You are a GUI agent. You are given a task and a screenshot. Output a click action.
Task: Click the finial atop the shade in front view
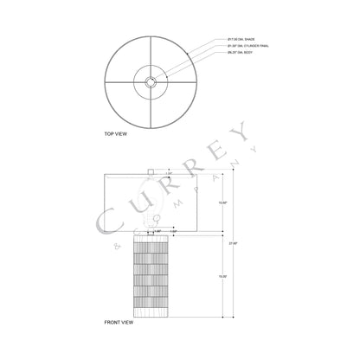click(151, 170)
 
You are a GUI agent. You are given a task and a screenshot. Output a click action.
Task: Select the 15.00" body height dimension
click(223, 276)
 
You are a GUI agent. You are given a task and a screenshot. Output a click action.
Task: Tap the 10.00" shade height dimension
click(223, 203)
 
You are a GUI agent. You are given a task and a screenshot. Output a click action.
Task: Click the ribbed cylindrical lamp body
click(151, 277)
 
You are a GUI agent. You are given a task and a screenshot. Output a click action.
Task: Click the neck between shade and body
click(151, 236)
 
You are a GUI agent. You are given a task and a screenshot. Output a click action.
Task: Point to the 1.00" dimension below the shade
click(174, 232)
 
